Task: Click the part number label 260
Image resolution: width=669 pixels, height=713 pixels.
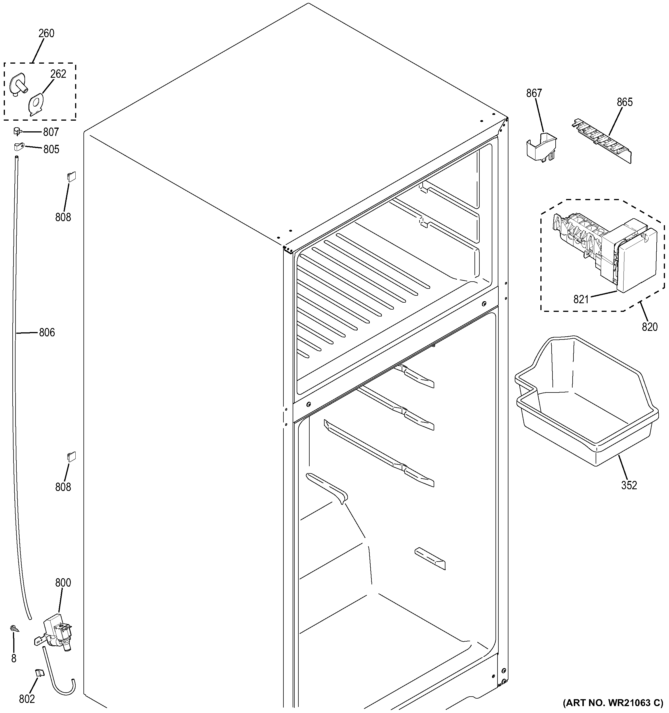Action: (x=46, y=33)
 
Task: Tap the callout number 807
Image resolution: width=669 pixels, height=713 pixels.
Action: (x=51, y=132)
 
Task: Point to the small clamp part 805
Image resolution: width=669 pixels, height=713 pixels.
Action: (x=18, y=146)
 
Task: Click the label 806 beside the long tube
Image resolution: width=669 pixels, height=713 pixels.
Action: (x=47, y=333)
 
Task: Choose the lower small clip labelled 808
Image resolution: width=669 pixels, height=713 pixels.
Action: (x=71, y=456)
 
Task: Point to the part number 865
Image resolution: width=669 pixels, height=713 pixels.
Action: (x=625, y=102)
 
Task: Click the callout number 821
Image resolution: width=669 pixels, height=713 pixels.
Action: (x=581, y=299)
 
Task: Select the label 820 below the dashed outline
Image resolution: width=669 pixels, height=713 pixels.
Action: (x=649, y=327)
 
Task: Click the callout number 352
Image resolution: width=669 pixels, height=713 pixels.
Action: (x=629, y=485)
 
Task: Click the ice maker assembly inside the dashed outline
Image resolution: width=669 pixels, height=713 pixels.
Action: (x=606, y=251)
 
